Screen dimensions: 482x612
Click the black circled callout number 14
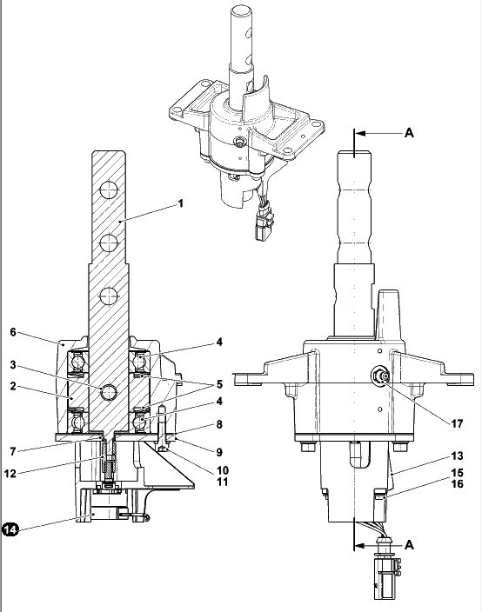click(10, 529)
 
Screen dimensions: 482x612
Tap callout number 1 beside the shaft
click(180, 203)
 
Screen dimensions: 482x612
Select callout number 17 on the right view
click(457, 423)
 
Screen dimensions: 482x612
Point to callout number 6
click(13, 332)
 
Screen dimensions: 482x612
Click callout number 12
click(10, 474)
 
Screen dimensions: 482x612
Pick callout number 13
click(457, 456)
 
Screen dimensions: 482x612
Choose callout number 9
click(219, 452)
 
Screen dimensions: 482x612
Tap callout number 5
click(219, 384)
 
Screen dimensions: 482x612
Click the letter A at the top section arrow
click(409, 133)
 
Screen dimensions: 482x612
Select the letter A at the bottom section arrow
click(409, 544)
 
